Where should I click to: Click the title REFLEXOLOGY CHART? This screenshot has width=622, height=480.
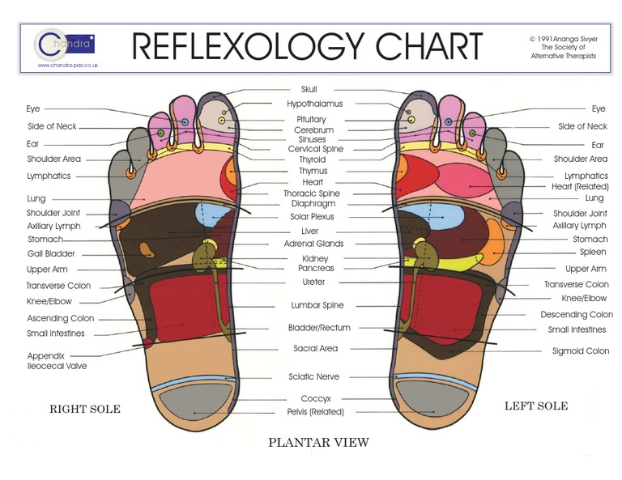[307, 47]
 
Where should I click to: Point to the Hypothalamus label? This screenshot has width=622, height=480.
[314, 104]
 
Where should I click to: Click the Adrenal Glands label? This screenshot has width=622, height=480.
[313, 244]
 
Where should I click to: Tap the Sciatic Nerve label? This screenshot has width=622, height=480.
[313, 377]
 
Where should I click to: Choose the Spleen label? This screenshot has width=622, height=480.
[593, 253]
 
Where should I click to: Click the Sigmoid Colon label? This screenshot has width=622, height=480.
[581, 351]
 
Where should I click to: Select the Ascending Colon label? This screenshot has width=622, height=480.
[60, 319]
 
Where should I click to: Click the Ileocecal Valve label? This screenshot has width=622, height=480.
[57, 366]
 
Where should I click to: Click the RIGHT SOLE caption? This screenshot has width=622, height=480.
[85, 410]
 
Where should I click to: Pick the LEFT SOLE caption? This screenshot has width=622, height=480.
[536, 406]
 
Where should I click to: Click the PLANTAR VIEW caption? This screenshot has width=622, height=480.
[318, 442]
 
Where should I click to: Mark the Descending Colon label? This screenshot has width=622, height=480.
[577, 315]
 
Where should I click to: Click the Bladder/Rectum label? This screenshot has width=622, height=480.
[319, 328]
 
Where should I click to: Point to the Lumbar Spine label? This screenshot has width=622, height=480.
[317, 306]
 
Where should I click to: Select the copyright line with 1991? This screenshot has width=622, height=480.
[562, 37]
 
